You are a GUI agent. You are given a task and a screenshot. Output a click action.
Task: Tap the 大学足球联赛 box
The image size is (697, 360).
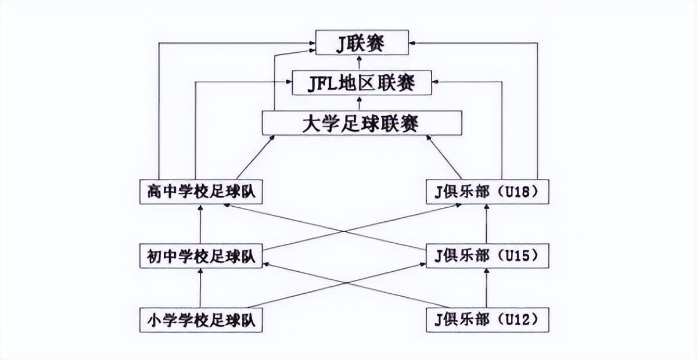[361, 123]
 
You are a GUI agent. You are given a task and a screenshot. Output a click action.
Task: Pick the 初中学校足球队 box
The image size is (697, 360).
[201, 256]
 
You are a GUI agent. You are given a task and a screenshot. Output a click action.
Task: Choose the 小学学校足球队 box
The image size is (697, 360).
[201, 320]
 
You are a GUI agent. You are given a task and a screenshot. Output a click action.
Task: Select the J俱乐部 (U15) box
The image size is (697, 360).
[487, 256]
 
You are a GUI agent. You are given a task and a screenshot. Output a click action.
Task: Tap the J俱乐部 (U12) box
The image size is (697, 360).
[487, 320]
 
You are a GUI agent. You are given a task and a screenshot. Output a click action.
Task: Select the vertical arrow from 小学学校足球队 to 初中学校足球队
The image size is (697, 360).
[200, 288]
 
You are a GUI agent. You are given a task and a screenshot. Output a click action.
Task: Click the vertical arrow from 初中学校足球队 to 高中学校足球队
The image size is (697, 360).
[200, 224]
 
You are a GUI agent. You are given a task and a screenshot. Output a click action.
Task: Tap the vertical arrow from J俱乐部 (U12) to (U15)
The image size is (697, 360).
[487, 288]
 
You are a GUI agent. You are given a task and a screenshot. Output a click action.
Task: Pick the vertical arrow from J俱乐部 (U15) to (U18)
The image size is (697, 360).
[487, 224]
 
